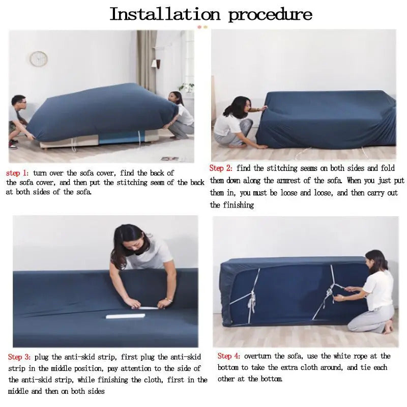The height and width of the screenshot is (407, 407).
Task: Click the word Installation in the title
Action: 166,14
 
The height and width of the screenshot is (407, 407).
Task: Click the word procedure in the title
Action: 270,14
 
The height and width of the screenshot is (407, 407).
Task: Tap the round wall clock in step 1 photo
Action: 39,59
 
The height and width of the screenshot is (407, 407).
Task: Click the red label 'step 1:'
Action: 18,173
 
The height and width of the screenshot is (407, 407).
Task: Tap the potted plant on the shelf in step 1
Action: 187,87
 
